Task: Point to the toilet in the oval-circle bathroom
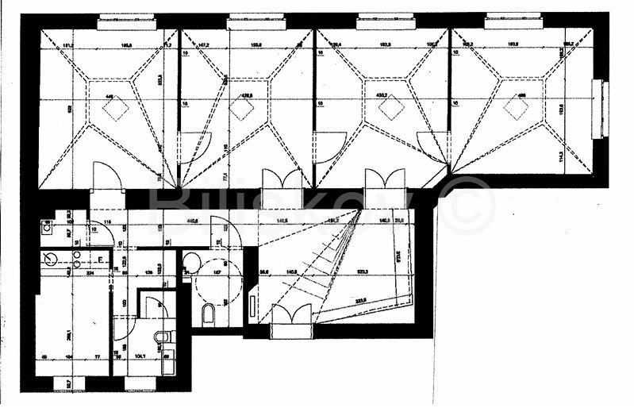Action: click(x=209, y=314)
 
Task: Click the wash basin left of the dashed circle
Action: click(x=190, y=263)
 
